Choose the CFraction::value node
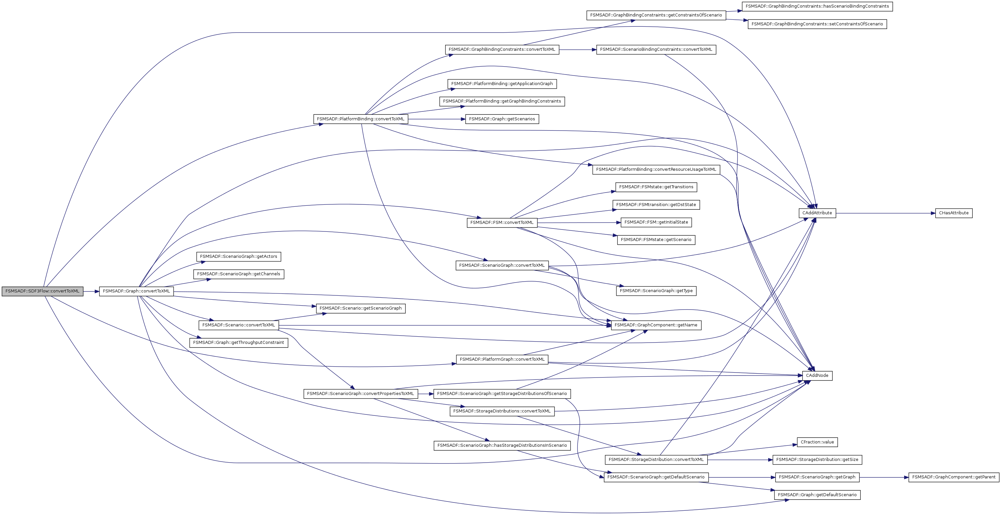click(x=817, y=442)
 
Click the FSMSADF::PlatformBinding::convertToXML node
click(x=361, y=119)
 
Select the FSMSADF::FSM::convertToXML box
click(x=502, y=223)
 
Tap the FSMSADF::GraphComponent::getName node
click(x=656, y=325)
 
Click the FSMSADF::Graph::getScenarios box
click(x=502, y=119)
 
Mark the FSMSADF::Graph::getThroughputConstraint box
click(x=239, y=343)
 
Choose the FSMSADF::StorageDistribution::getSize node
click(x=817, y=460)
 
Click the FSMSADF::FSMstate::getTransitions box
click(x=656, y=187)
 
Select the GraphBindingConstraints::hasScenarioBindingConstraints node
click(x=817, y=7)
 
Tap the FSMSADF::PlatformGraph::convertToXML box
click(x=502, y=359)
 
